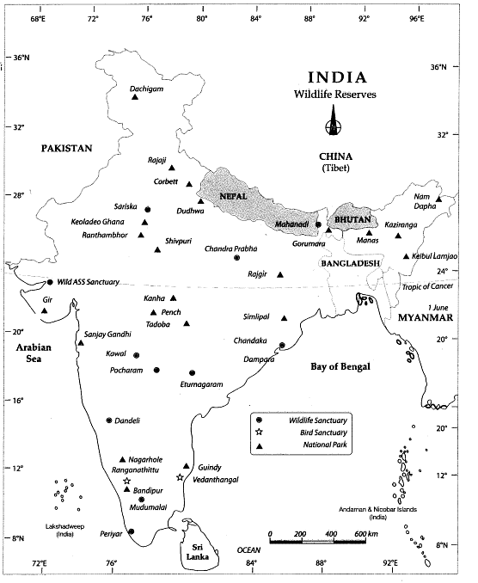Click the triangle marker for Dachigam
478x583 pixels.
[x=135, y=97]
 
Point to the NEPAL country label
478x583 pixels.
[x=232, y=196]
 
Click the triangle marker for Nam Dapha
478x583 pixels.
[x=438, y=199]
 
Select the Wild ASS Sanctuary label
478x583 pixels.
[x=89, y=281]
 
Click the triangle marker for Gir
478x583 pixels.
[x=45, y=310]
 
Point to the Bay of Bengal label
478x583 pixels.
[x=340, y=366]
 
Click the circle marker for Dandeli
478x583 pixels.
[x=109, y=420]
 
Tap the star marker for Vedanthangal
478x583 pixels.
[x=180, y=477]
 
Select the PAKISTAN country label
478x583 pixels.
[x=65, y=148]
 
